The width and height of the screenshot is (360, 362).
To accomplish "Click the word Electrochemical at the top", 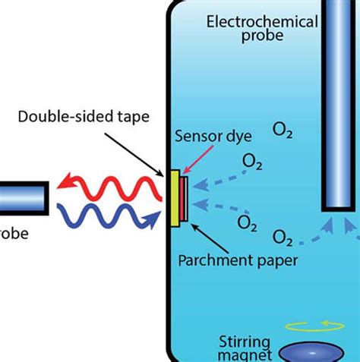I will (x=262, y=21).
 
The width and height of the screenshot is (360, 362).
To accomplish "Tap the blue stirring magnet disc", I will (x=311, y=353).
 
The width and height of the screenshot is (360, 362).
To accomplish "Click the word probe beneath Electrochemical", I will (x=262, y=37).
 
